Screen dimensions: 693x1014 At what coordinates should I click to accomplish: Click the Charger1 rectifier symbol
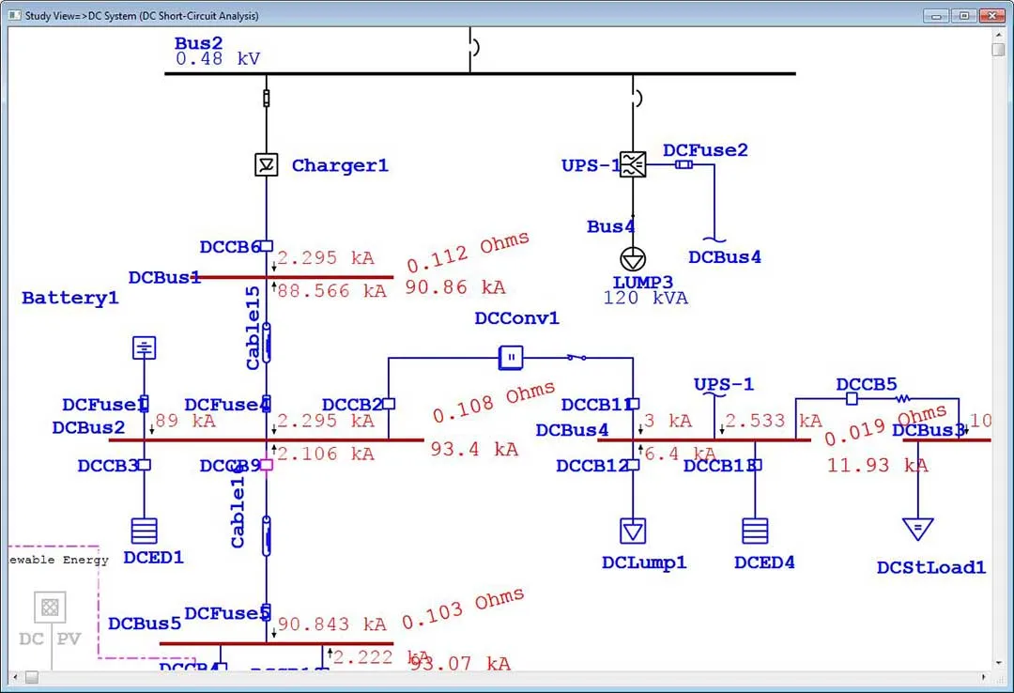(267, 165)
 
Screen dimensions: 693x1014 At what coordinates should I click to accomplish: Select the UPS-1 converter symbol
(633, 164)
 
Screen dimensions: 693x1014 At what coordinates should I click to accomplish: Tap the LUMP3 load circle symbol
(633, 258)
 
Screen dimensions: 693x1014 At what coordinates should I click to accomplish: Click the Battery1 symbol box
(144, 348)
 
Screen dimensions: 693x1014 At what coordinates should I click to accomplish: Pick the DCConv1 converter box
(510, 356)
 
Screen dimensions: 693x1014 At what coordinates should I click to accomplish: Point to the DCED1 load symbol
(144, 531)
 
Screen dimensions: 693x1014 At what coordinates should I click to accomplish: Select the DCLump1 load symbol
(633, 531)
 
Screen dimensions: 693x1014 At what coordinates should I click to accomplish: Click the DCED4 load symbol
(755, 531)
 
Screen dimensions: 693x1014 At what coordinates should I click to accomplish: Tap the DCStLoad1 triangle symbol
(917, 529)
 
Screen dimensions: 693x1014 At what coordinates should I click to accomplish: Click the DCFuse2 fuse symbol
(684, 164)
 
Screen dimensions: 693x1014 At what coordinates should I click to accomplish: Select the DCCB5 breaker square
(852, 398)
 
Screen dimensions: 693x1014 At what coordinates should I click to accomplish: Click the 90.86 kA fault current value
(455, 287)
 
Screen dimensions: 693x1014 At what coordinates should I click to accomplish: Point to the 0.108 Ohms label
(494, 402)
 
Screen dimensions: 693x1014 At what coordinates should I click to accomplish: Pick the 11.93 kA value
(877, 465)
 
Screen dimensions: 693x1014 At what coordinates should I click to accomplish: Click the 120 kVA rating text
(645, 299)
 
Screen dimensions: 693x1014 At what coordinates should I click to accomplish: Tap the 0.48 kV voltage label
(218, 59)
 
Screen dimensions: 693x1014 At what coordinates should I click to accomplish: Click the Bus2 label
(198, 43)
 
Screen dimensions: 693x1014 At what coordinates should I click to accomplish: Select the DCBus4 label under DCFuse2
(724, 257)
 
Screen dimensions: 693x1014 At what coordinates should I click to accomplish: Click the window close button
(991, 15)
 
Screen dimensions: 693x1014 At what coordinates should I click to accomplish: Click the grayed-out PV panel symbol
(51, 607)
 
